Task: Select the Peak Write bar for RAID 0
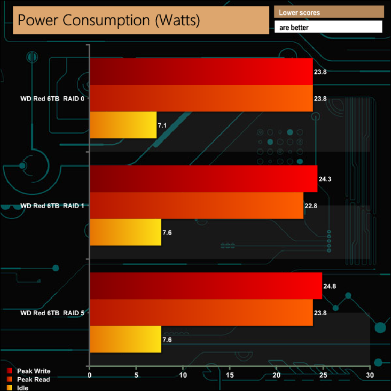coord(201,72)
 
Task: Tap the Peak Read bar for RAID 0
coord(201,99)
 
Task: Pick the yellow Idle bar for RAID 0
coord(123,125)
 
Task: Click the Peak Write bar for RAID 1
coord(203,179)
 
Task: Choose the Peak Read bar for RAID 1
coord(196,206)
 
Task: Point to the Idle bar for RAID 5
coord(125,339)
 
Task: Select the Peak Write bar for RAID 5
coord(206,286)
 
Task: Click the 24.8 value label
coord(330,286)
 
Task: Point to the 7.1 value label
coord(164,126)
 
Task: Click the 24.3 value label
coord(325,179)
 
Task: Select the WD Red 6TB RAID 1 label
coord(52,206)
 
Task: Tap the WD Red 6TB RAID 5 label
coord(52,313)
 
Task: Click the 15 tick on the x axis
coord(229,375)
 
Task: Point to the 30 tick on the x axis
coord(370,375)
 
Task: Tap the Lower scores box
coord(328,12)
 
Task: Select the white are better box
coord(328,27)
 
